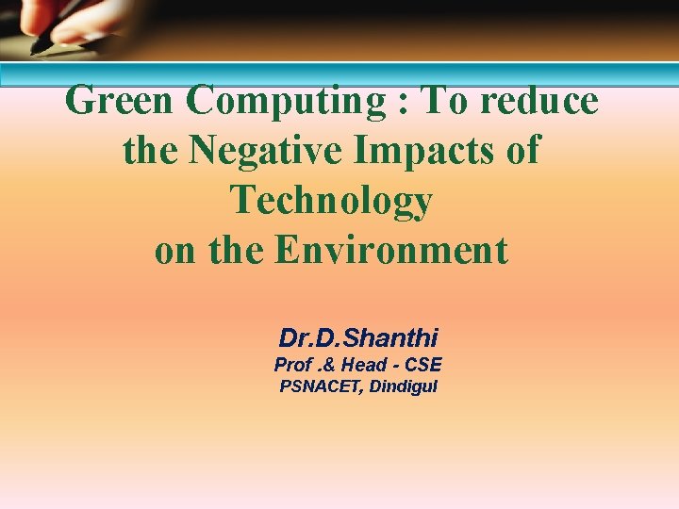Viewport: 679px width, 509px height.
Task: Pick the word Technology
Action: click(331, 202)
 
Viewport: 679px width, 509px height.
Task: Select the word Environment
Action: click(391, 251)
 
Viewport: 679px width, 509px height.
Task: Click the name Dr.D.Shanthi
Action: click(358, 337)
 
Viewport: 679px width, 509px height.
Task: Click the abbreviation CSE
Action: click(422, 365)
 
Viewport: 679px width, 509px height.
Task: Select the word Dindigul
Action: click(404, 386)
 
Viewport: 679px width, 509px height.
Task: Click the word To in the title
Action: click(442, 101)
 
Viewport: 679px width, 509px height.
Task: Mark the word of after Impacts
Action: click(522, 151)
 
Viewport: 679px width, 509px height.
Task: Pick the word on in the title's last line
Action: click(172, 252)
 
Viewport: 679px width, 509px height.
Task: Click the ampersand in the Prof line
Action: click(331, 365)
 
